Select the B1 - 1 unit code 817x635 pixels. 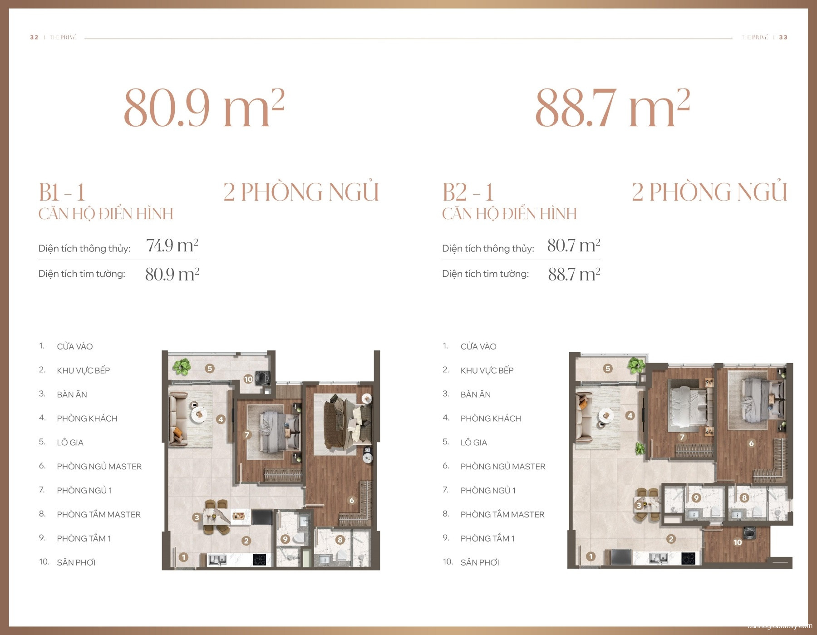click(62, 192)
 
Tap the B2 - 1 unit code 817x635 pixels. click(468, 192)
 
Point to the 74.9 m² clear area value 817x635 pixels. click(172, 246)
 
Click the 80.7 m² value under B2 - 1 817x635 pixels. click(574, 246)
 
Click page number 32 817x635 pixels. click(34, 37)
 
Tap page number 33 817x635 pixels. click(783, 37)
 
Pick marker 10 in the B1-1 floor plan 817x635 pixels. click(248, 379)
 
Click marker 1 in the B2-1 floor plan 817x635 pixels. click(591, 556)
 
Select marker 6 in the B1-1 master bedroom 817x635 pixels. click(352, 500)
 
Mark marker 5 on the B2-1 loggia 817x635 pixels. click(608, 369)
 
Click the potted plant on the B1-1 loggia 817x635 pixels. click(182, 367)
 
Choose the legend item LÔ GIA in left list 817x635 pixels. click(70, 443)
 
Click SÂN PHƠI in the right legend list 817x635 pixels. click(480, 562)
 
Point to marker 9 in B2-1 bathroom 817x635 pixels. click(696, 498)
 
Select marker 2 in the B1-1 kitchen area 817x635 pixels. click(246, 541)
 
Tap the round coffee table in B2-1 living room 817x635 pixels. click(605, 415)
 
